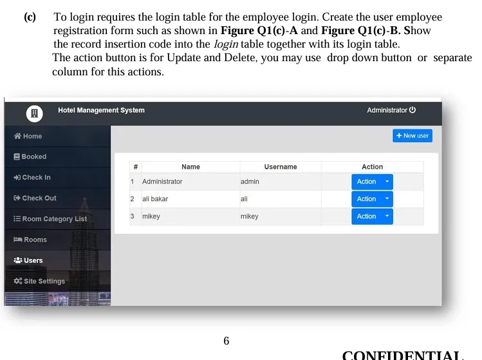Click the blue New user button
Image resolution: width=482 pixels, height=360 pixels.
(412, 136)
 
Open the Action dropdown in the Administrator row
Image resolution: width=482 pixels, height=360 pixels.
(372, 182)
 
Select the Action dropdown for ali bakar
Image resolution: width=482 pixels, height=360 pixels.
(372, 199)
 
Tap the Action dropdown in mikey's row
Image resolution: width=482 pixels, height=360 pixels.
(372, 216)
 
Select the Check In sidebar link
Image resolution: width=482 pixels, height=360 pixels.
(32, 177)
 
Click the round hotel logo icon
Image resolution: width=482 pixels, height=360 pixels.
(35, 113)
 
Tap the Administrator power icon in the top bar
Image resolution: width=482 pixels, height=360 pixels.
(412, 110)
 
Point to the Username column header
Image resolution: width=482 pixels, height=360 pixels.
(281, 167)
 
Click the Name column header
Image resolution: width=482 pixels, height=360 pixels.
(190, 167)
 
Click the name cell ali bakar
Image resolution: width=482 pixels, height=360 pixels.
(155, 199)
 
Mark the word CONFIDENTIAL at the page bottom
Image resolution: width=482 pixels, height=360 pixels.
(403, 355)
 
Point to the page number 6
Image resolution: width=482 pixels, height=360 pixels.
(226, 341)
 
